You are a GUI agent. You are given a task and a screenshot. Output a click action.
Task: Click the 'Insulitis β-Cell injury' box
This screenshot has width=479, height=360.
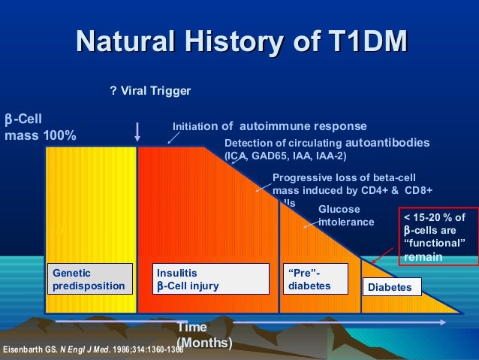pyautogui.click(x=211, y=279)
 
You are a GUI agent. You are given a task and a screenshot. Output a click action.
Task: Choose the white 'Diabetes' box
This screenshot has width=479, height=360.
pyautogui.click(x=392, y=287)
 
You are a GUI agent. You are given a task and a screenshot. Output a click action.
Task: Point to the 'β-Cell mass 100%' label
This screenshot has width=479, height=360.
pyautogui.click(x=41, y=128)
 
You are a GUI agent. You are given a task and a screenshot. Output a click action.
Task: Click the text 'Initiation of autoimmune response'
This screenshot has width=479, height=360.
pyautogui.click(x=270, y=126)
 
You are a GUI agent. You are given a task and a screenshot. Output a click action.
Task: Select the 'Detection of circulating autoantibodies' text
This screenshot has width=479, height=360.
pyautogui.click(x=327, y=143)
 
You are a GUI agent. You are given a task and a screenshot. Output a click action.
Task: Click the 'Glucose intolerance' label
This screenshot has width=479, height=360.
pyautogui.click(x=346, y=216)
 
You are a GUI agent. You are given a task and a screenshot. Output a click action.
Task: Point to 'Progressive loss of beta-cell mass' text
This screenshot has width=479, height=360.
pyautogui.click(x=351, y=185)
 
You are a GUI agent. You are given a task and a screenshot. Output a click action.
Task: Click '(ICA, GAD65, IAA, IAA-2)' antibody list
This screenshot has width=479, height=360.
pyautogui.click(x=285, y=156)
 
